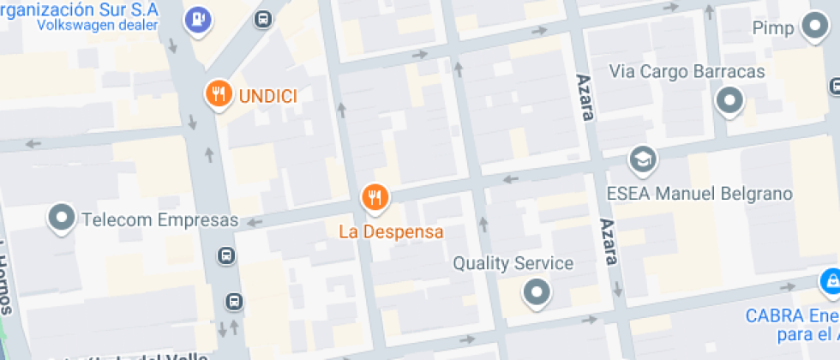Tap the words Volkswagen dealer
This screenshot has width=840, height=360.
(x=97, y=25)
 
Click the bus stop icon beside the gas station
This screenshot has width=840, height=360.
(x=263, y=18)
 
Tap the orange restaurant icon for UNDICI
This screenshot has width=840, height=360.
(x=219, y=94)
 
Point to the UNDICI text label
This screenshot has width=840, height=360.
(x=267, y=96)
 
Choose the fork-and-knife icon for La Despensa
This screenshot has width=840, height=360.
(x=375, y=199)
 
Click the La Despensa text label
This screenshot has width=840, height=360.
(x=391, y=231)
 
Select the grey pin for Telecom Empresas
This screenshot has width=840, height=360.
(x=63, y=219)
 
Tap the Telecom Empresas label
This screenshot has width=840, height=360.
(x=159, y=220)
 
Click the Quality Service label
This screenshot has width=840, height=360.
(x=513, y=263)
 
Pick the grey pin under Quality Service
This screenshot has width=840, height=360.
(x=537, y=291)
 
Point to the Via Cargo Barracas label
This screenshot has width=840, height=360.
(x=687, y=71)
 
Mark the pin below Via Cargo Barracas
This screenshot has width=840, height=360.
(x=729, y=101)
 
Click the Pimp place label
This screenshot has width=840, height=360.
(x=773, y=29)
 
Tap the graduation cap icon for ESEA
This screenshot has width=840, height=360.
(x=640, y=159)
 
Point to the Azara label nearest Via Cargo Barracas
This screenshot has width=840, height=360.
(x=584, y=97)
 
